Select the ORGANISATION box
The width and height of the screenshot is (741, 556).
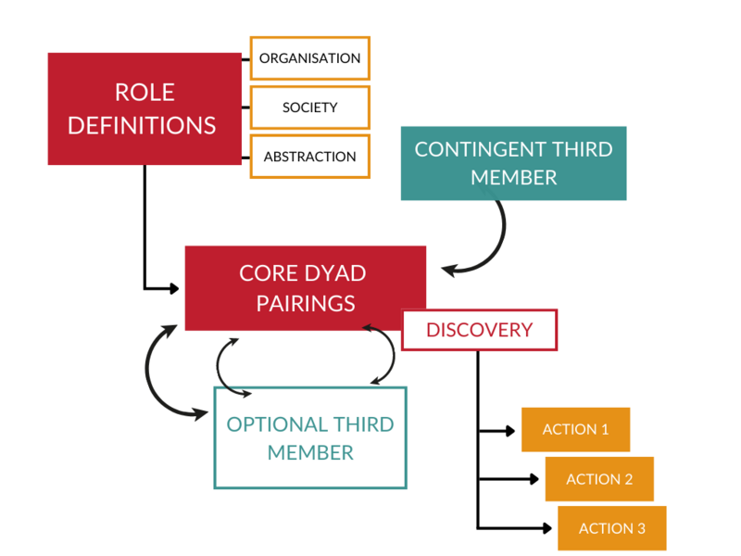pos(309,58)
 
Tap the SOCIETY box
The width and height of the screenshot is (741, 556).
pos(309,107)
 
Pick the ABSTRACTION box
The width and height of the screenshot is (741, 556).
pos(309,157)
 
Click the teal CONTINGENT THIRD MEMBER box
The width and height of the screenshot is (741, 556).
pos(513,163)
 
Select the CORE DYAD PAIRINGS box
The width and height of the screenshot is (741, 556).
pos(305,288)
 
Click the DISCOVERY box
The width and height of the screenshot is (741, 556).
pos(479,330)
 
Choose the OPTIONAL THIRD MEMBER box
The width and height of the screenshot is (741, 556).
pos(310,437)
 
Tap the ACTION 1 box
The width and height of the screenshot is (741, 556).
pos(575,429)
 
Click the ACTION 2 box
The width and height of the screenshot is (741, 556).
pos(599,479)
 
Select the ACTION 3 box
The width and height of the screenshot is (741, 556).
pos(611,528)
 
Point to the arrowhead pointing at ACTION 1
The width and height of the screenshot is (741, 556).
pos(509,430)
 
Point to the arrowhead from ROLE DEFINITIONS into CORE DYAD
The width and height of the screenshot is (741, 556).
pos(173,288)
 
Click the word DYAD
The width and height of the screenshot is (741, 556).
pos(330,274)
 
